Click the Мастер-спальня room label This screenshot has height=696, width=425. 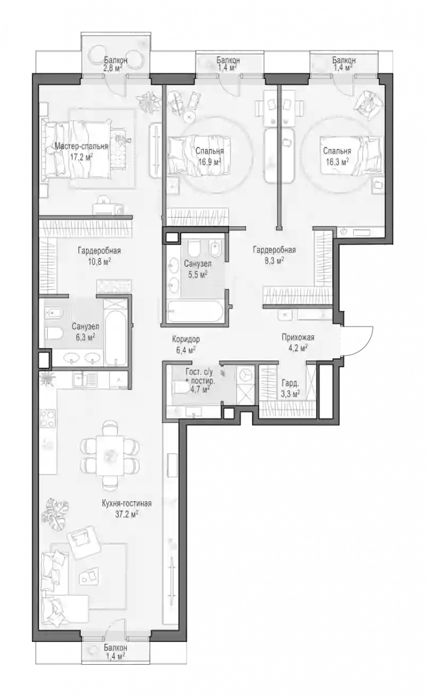tap(81, 146)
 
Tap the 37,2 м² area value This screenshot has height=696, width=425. tap(126, 514)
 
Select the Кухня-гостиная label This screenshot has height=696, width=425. tap(126, 503)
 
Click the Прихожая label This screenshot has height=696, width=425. tap(298, 337)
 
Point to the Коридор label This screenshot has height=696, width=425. tap(186, 339)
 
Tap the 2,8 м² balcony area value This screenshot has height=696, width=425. tap(113, 68)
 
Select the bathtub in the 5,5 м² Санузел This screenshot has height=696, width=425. tap(195, 312)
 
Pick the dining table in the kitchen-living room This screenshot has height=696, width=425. tap(110, 456)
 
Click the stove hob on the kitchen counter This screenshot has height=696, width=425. tap(48, 419)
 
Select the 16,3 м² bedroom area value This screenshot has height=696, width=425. tap(337, 161)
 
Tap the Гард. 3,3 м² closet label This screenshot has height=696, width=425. tap(291, 388)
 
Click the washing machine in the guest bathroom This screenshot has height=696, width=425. tap(245, 375)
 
